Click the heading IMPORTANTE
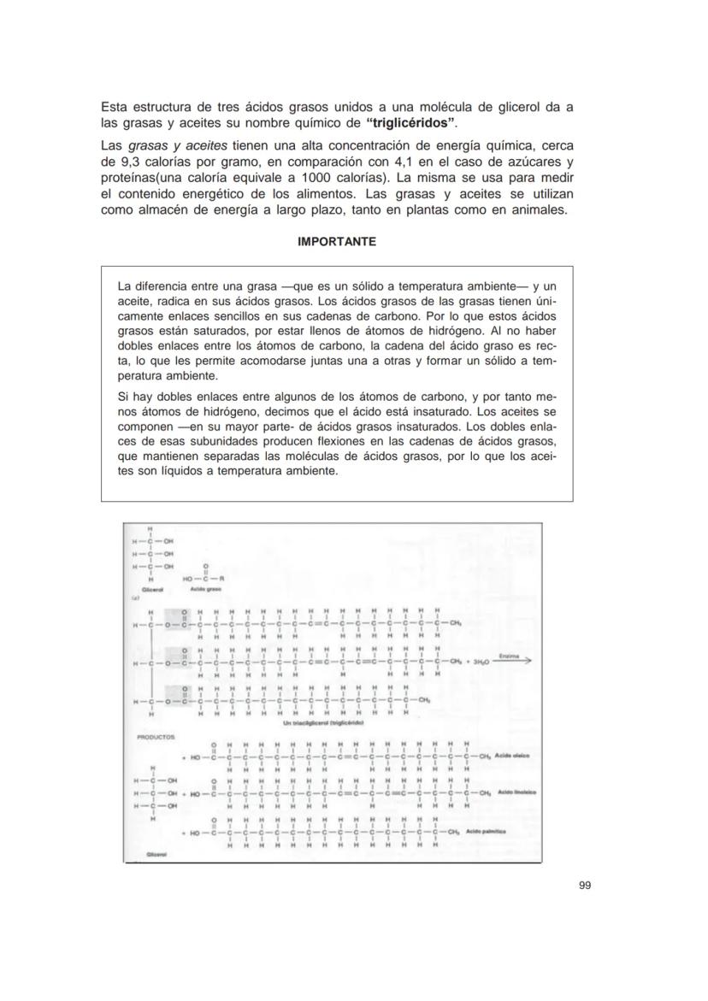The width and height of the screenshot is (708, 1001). (x=336, y=242)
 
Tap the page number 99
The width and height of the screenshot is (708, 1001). (x=584, y=885)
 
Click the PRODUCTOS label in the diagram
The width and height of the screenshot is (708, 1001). (x=155, y=735)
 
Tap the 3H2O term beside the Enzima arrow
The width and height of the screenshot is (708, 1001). (x=473, y=662)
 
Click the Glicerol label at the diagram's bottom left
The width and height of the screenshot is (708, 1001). (x=156, y=854)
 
